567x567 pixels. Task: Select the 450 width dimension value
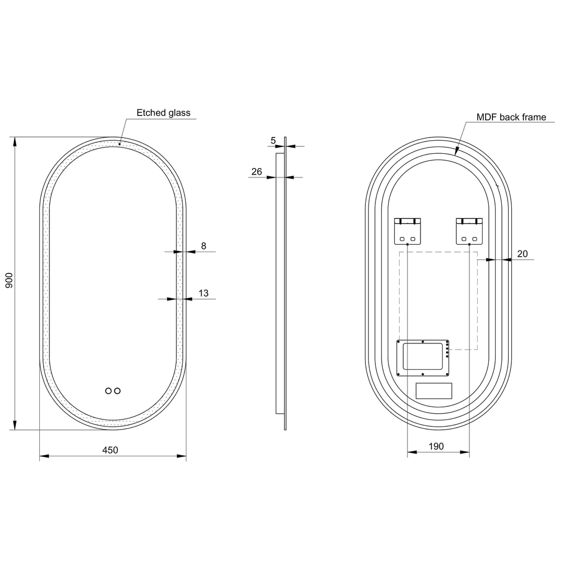pos(110,450)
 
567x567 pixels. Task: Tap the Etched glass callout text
pos(163,113)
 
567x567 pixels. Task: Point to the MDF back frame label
pos(511,117)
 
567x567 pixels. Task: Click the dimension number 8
pos(204,246)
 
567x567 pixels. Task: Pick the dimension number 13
pos(204,293)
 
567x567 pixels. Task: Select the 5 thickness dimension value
pos(273,140)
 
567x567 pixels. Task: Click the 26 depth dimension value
pos(257,172)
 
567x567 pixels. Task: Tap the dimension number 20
pos(522,254)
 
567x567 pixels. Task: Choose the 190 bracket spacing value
pos(436,446)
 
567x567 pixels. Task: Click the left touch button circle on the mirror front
pos(109,391)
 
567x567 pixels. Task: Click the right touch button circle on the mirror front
pos(118,391)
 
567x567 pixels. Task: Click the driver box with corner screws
pos(423,358)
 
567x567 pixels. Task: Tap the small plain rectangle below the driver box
pos(434,391)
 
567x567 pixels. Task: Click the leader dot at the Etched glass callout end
pos(120,144)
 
